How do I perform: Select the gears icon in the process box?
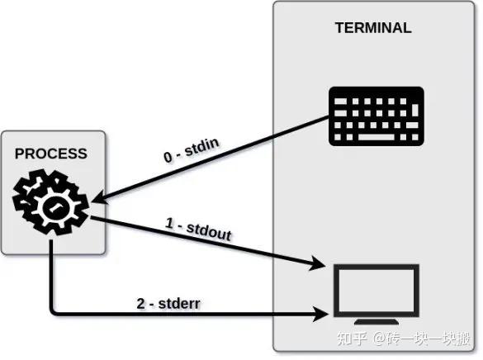[50, 201]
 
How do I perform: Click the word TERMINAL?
[373, 27]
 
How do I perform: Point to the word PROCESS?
[50, 154]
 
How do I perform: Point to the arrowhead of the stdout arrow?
[317, 264]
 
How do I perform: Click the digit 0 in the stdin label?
[168, 157]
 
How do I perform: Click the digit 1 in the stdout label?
[170, 224]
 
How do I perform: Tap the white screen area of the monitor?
[376, 289]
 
